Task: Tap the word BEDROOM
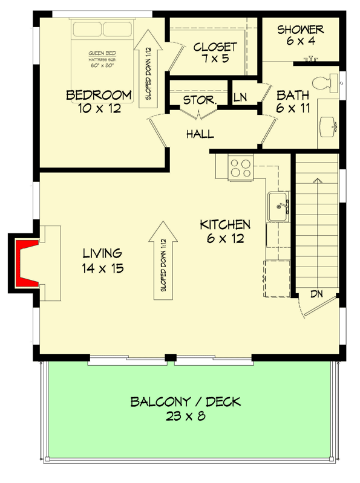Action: pyautogui.click(x=99, y=95)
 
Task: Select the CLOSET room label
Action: pyautogui.click(x=215, y=47)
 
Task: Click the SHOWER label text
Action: pyautogui.click(x=301, y=29)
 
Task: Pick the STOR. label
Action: pyautogui.click(x=199, y=100)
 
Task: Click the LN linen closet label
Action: pyautogui.click(x=240, y=97)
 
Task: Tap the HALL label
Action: pyautogui.click(x=200, y=134)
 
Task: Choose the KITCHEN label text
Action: pyautogui.click(x=225, y=225)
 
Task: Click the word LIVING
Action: pyautogui.click(x=102, y=253)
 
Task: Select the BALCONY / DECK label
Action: pyautogui.click(x=186, y=401)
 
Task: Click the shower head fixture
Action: pyautogui.click(x=309, y=59)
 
